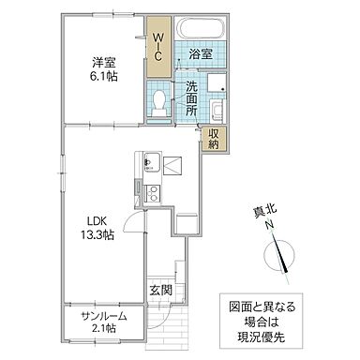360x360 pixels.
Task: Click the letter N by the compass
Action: pyautogui.click(x=268, y=225)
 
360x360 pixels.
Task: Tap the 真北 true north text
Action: pyautogui.click(x=268, y=211)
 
